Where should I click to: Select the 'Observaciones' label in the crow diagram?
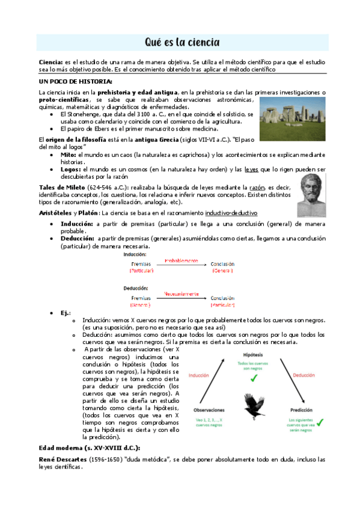(x=209, y=410)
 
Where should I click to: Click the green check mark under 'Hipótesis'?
(x=254, y=378)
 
